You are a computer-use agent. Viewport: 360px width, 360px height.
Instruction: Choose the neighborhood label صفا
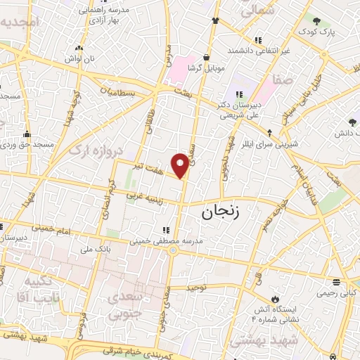pyautogui.click(x=284, y=80)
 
